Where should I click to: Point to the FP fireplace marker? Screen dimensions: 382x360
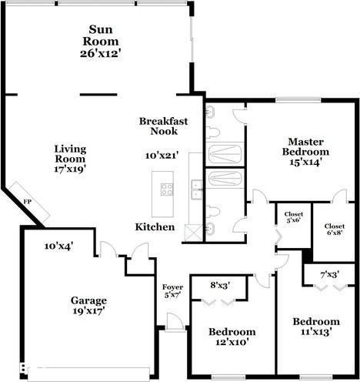[27, 201]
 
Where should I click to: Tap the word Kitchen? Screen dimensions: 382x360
[155, 227]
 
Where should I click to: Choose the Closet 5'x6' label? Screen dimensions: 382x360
[294, 217]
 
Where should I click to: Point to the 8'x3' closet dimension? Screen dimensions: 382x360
[221, 286]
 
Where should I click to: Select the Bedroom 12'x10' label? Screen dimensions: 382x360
[233, 337]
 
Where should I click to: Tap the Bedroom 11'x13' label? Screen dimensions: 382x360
[315, 327]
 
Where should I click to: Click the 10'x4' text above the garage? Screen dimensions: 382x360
[58, 246]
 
